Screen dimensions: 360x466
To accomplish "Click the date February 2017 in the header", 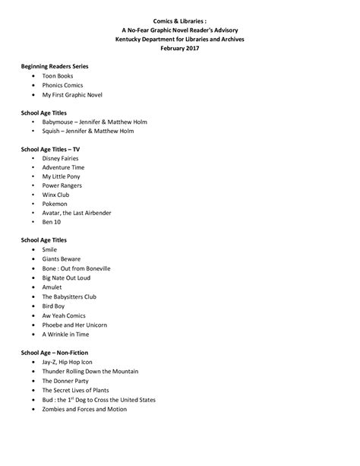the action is point(179,48).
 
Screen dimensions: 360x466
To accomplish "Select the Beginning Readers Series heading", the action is point(55,67).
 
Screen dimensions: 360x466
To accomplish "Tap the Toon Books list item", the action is point(58,77).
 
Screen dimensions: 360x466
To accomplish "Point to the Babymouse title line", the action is point(94,122).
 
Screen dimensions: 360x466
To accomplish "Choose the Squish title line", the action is point(87,131).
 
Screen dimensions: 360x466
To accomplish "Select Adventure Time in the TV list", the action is point(63,167).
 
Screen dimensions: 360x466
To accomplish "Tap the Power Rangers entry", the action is point(62,185).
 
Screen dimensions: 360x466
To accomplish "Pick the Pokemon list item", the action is point(55,204).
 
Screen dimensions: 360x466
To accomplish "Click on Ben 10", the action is point(52,222).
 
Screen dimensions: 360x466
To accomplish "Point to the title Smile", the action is point(49,249).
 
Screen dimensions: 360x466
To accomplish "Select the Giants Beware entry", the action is point(61,258).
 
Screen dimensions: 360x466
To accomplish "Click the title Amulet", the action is point(53,287).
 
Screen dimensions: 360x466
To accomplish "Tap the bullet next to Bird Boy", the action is point(33,305).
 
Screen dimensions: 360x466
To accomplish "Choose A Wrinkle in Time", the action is point(65,333).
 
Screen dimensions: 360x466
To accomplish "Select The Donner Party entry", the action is point(66,381).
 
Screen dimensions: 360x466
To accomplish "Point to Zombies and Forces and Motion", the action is point(84,409).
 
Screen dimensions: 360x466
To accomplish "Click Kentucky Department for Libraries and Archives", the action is point(179,39).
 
